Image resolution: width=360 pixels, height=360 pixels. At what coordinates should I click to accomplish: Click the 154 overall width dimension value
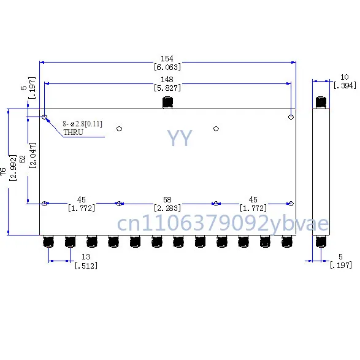pos(167,58)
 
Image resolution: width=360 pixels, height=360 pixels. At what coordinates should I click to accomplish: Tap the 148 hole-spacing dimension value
pos(167,79)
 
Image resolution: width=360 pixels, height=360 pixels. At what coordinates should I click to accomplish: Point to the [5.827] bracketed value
pos(167,88)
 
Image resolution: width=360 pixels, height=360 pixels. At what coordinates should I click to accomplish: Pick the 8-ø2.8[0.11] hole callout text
pos(82,124)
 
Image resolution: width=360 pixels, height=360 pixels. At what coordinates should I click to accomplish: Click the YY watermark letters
pos(180,139)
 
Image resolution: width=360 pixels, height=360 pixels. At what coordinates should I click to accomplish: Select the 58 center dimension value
pos(167,199)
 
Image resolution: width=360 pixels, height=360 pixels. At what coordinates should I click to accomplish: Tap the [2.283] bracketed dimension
pos(167,209)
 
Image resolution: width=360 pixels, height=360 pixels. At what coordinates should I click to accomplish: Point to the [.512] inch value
pos(85,266)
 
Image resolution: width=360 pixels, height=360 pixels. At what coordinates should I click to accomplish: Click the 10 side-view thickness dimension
pos(345,77)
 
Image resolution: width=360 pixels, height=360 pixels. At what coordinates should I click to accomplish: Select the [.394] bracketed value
pos(345,85)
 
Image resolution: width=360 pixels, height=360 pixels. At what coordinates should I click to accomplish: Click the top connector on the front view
pos(167,102)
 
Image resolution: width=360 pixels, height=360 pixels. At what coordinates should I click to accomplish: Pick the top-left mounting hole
pos(45,117)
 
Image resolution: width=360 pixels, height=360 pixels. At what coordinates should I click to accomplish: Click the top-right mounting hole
pos(291,117)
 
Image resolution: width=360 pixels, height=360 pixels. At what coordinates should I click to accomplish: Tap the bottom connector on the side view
pos(320,242)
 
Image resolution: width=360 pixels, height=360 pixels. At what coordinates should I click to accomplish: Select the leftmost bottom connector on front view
pos(47,242)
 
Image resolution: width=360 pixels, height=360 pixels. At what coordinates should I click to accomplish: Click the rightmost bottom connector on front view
pos(287,242)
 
